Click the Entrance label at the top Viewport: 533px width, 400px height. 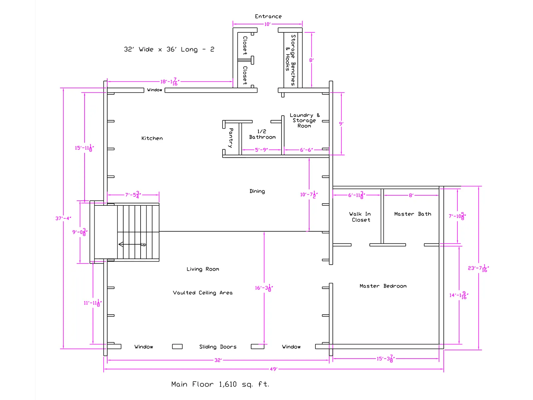[x=268, y=16]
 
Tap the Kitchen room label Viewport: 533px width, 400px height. [x=152, y=138]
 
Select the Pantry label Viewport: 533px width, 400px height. [x=231, y=138]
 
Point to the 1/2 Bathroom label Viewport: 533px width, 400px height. [x=262, y=134]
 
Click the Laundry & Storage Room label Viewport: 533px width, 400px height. [x=304, y=120]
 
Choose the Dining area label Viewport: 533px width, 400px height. [x=257, y=191]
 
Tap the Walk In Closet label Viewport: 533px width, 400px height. [x=360, y=217]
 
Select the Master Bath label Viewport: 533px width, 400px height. [x=412, y=214]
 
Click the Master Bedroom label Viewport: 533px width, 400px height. [x=383, y=286]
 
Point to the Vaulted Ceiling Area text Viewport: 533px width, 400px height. [x=203, y=293]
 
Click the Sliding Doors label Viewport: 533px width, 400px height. [x=218, y=347]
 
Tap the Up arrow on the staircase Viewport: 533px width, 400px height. [x=130, y=244]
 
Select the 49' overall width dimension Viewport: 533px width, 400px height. [x=273, y=369]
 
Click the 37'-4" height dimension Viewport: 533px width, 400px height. [x=63, y=218]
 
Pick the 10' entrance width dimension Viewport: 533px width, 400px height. [x=267, y=24]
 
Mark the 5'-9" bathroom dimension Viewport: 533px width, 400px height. [x=261, y=150]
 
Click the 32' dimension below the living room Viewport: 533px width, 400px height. [x=218, y=360]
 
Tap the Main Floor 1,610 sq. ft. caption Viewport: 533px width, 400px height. [x=220, y=384]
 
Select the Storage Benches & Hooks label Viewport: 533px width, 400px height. [x=291, y=60]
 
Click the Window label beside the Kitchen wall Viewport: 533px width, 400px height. [x=155, y=90]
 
